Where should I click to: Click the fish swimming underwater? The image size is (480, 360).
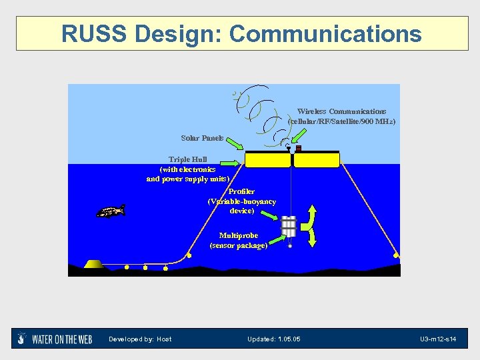[111, 211]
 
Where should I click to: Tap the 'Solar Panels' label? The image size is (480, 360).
[202, 138]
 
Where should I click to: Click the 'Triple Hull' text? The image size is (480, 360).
[187, 159]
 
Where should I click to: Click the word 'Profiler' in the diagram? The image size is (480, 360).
[241, 192]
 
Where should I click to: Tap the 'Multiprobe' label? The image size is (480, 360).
[239, 235]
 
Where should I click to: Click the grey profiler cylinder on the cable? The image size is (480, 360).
[289, 226]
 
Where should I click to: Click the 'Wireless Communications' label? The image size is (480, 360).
[341, 111]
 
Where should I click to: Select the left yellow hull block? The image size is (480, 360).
[267, 160]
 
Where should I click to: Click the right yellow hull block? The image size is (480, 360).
[317, 160]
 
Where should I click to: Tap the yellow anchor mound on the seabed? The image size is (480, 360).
[94, 264]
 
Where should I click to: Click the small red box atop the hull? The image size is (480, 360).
[299, 148]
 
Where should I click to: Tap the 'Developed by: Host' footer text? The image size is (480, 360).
[140, 339]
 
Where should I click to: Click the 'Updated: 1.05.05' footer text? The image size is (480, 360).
[273, 339]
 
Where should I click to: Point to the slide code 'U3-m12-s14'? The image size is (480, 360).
[437, 339]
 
